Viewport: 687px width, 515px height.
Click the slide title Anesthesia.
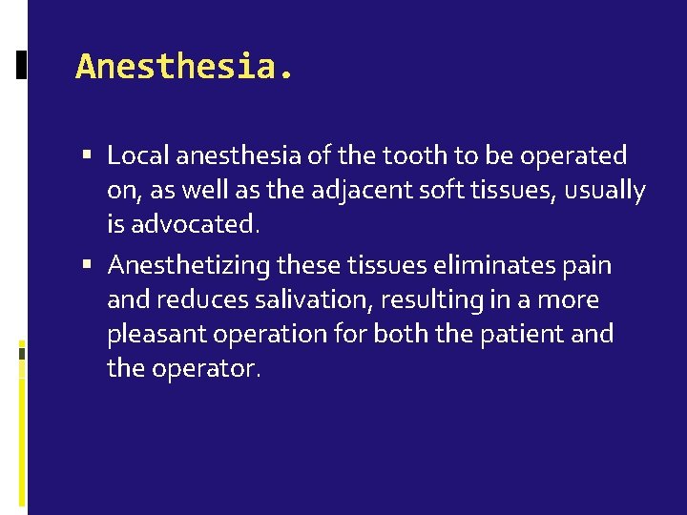point(185,67)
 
